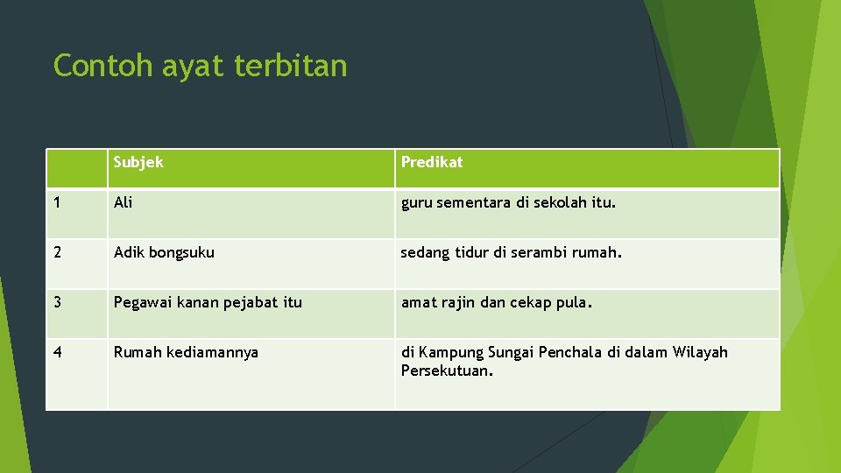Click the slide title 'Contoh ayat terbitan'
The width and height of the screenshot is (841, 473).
200,66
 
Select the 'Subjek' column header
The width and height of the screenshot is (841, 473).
138,162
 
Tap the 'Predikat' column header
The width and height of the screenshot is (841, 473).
432,162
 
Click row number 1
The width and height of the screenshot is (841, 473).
57,203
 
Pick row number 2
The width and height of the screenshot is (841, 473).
58,253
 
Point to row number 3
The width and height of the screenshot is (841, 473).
58,303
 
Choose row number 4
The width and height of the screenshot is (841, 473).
58,352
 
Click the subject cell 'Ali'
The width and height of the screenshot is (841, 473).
124,203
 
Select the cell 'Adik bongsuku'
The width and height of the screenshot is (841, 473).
164,253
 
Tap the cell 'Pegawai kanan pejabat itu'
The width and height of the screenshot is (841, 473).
208,303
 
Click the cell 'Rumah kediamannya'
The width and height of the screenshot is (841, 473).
186,352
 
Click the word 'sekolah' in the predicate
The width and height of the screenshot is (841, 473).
558,203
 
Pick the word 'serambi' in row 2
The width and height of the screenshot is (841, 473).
542,253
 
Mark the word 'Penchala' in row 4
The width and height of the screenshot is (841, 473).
570,352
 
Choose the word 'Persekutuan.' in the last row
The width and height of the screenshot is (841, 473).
448,371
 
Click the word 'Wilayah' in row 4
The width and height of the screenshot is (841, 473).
700,352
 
